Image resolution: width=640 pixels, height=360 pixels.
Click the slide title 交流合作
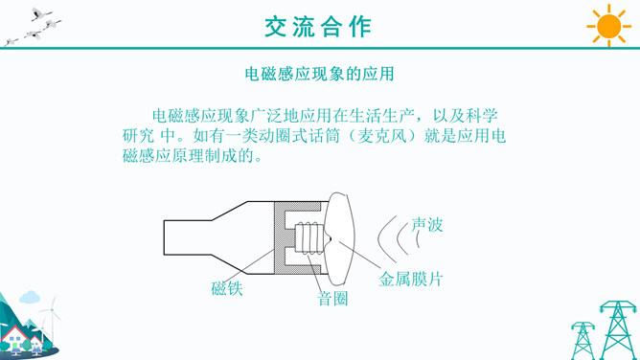(x=318, y=28)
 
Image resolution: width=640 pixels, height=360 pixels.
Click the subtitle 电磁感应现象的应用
(x=320, y=74)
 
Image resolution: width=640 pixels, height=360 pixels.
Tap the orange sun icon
(x=608, y=26)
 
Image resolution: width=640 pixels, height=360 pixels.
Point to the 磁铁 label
(x=227, y=288)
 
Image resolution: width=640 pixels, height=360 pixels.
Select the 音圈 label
(x=332, y=299)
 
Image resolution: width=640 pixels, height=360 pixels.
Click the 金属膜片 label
(x=411, y=280)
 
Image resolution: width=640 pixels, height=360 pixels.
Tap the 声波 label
(x=427, y=225)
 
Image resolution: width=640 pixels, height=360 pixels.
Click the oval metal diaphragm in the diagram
(x=339, y=239)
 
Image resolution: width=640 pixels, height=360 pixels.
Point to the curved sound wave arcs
(x=398, y=239)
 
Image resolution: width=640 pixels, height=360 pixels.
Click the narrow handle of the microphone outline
(x=188, y=237)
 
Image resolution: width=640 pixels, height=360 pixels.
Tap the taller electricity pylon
(x=618, y=329)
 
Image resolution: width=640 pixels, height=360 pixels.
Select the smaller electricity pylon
(x=583, y=341)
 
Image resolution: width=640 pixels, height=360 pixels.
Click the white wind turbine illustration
(x=51, y=318)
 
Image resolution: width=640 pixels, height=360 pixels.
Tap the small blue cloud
(x=30, y=297)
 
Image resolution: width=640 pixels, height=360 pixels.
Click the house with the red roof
(x=16, y=338)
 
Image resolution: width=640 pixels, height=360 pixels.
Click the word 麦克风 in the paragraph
(x=382, y=136)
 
